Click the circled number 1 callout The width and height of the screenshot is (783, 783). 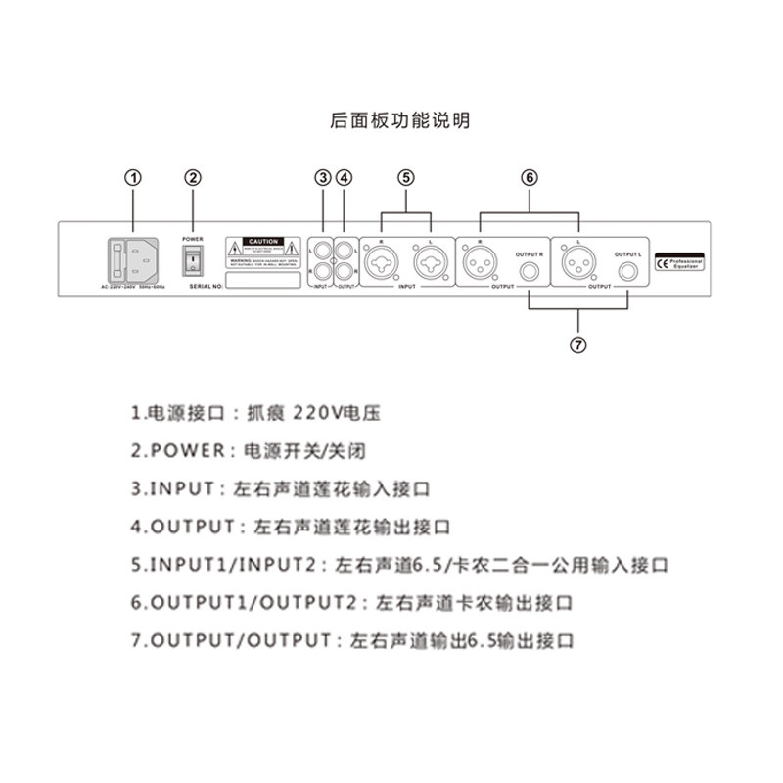click(x=134, y=177)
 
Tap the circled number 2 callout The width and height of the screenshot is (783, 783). click(x=193, y=177)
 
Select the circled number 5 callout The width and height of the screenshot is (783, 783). click(x=406, y=177)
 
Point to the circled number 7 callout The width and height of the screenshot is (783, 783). click(x=578, y=344)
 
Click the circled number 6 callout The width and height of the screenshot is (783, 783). click(x=529, y=177)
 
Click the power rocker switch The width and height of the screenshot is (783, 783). click(x=193, y=258)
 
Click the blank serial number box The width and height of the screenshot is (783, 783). click(x=262, y=279)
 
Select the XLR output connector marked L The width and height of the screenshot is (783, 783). click(x=577, y=262)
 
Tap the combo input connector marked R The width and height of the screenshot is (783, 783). click(x=382, y=261)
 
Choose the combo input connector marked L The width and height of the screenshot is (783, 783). click(x=430, y=261)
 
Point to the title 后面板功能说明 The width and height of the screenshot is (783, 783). click(x=399, y=121)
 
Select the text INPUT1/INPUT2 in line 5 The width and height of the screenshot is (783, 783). click(x=235, y=566)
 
